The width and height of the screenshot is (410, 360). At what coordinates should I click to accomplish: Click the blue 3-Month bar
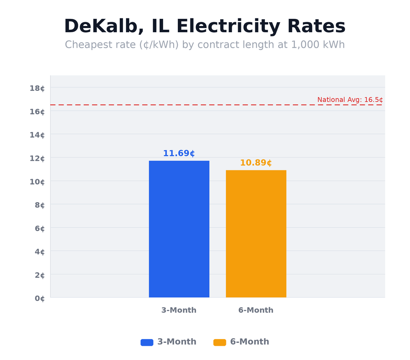(x=179, y=229)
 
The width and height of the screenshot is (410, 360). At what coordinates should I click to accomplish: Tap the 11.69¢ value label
(x=179, y=154)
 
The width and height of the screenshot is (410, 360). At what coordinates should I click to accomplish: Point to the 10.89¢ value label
(x=256, y=163)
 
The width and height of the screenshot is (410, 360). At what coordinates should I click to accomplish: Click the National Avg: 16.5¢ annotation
(x=350, y=100)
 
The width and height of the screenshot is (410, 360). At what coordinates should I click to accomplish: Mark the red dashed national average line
(x=167, y=105)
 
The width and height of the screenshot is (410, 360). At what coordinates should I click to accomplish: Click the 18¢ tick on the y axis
(x=37, y=88)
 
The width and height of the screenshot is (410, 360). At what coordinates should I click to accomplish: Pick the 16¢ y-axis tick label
(x=37, y=111)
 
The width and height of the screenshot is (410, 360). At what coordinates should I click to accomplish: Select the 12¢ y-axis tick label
(x=37, y=158)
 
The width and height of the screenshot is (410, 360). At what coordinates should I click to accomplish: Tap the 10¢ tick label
(x=37, y=182)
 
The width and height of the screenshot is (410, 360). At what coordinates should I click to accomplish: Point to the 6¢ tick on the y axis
(x=39, y=229)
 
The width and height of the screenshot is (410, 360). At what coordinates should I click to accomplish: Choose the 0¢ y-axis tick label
(x=39, y=298)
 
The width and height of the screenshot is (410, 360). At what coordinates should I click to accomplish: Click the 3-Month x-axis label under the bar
(x=179, y=310)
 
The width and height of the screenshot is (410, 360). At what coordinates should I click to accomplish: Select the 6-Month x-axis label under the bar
(x=256, y=310)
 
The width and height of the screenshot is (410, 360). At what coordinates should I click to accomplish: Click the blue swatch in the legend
(x=147, y=342)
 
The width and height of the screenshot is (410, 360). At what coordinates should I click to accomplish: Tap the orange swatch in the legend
(x=220, y=342)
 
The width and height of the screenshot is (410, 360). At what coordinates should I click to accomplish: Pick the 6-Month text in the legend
(x=249, y=342)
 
